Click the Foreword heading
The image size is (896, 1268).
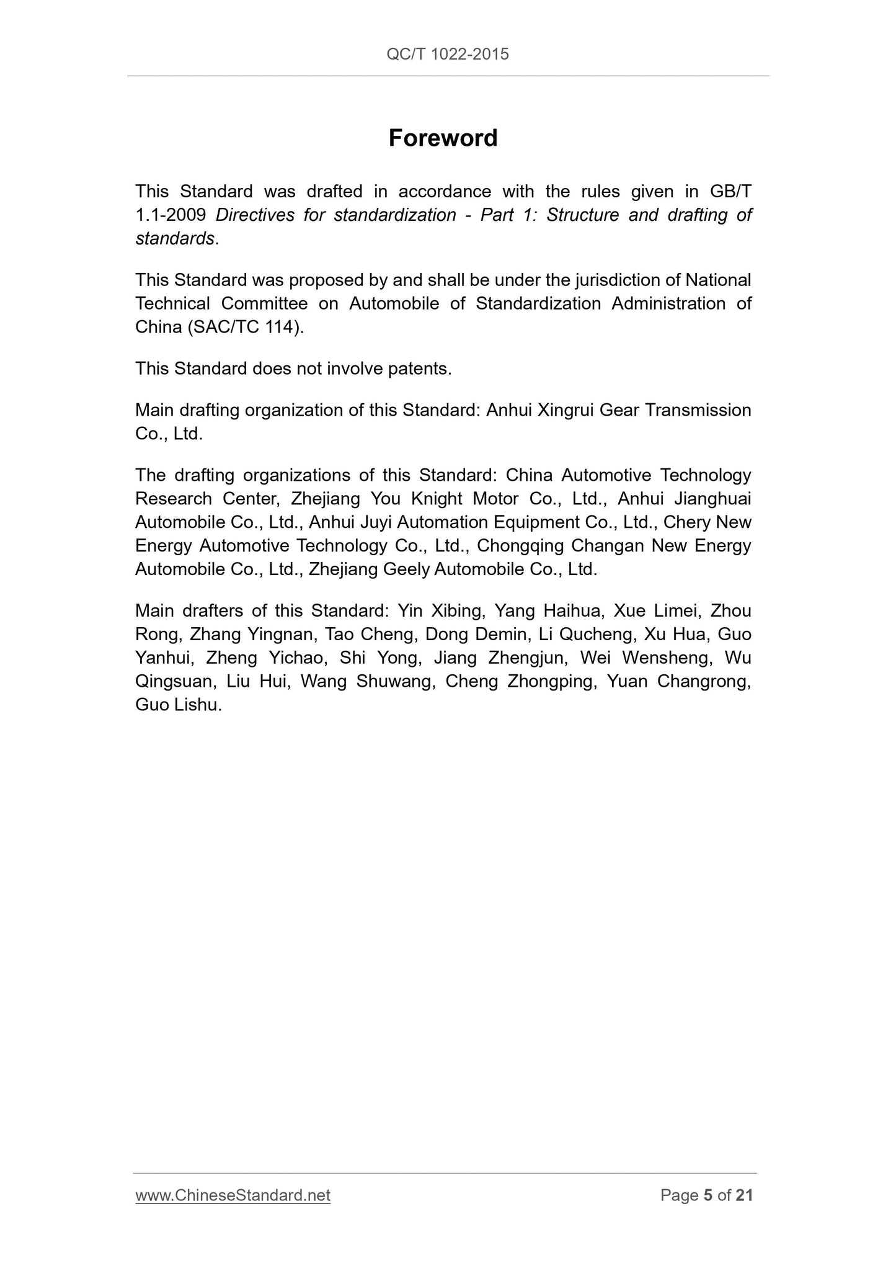pyautogui.click(x=443, y=138)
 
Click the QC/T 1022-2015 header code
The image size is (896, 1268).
pyautogui.click(x=447, y=55)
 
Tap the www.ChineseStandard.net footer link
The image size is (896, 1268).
pyautogui.click(x=233, y=1195)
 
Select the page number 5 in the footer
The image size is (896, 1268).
pyautogui.click(x=708, y=1195)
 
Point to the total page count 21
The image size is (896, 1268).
pyautogui.click(x=743, y=1195)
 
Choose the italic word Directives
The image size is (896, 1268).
pyautogui.click(x=255, y=215)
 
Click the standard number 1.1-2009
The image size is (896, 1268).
pyautogui.click(x=171, y=215)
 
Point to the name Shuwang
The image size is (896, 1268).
pyautogui.click(x=392, y=682)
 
